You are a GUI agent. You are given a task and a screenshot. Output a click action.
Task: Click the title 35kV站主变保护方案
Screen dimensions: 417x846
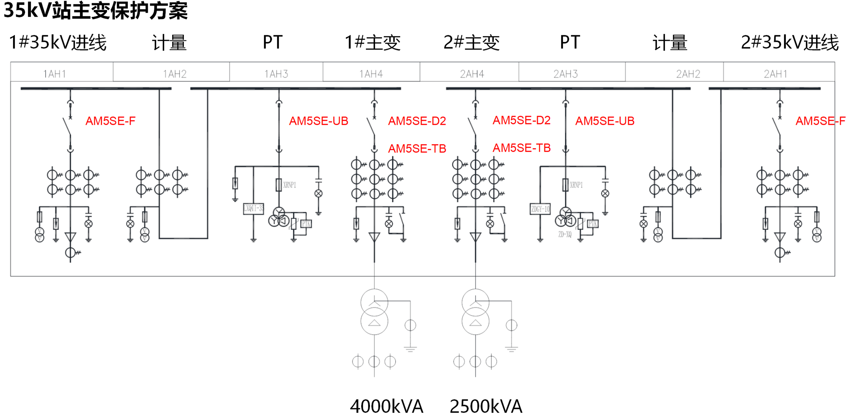[95, 10]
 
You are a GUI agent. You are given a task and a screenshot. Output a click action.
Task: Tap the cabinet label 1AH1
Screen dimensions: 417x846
[55, 74]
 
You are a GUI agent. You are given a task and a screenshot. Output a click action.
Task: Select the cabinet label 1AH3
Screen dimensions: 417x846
[276, 74]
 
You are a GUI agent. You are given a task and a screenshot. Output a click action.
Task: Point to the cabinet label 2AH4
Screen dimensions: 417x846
[472, 74]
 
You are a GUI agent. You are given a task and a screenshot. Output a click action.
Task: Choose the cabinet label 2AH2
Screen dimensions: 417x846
[688, 74]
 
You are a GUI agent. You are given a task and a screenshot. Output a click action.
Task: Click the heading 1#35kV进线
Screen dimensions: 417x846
[58, 42]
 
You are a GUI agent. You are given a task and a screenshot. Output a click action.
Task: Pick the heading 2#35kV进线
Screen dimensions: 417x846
[790, 42]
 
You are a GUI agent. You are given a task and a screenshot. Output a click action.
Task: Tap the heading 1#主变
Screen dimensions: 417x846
[373, 42]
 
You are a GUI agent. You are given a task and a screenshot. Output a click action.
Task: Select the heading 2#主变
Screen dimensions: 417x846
[472, 42]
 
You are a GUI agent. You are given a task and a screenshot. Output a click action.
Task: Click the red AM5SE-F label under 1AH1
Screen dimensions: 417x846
[110, 121]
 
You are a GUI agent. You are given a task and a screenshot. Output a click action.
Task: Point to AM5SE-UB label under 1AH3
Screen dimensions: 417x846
[318, 121]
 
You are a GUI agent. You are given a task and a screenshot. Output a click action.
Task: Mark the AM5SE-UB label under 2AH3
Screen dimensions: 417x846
[605, 121]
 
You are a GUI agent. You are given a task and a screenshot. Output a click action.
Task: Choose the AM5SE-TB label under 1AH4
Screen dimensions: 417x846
[417, 148]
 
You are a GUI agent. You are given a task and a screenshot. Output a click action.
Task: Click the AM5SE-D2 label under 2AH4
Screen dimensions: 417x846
[522, 120]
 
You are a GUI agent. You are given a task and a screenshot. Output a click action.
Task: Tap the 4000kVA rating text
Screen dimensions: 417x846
[386, 406]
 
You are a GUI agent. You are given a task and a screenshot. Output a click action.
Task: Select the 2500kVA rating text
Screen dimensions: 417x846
[486, 406]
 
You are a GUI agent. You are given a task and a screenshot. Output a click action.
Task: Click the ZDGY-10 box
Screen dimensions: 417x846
[540, 209]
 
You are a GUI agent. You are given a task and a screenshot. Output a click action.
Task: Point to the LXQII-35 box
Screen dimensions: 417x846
[253, 208]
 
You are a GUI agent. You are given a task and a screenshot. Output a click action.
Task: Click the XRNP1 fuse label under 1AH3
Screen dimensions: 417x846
[290, 185]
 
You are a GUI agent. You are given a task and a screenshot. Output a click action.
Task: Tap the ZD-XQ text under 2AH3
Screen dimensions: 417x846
[565, 234]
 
